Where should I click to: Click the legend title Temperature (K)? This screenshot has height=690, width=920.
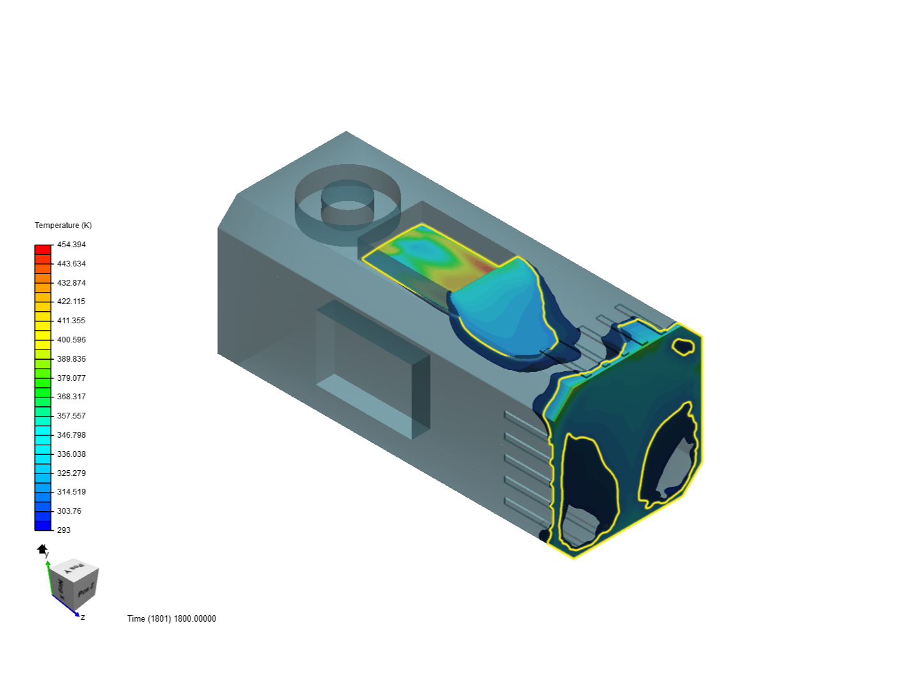pos(63,226)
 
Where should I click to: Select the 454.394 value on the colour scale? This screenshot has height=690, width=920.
pos(72,245)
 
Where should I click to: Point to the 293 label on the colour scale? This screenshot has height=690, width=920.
pos(64,530)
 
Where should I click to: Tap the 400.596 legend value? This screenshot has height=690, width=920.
pos(72,340)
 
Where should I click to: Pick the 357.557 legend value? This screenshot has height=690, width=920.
pos(72,416)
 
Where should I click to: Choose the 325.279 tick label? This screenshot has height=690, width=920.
pos(72,473)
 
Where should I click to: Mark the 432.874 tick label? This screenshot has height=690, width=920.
pos(72,283)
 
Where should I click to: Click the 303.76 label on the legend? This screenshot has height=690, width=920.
pos(69,511)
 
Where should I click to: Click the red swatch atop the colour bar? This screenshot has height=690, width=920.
pos(43,249)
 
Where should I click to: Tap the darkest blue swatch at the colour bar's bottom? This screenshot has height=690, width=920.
pos(43,526)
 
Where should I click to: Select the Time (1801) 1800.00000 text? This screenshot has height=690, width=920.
pos(171,618)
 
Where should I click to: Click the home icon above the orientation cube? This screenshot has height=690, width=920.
pos(42,549)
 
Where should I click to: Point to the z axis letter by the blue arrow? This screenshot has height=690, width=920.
pos(83,617)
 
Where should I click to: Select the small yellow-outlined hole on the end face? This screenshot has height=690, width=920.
pos(684,346)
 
